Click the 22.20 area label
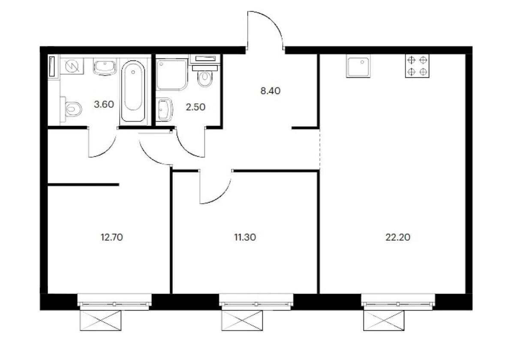pos(398,237)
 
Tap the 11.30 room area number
pos(245,237)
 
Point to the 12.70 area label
pos(112,237)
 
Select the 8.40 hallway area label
pos(270,91)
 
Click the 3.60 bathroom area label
pos(104,104)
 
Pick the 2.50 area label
pos(195,107)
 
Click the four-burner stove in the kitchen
pos(417,66)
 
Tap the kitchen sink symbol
pos(358,66)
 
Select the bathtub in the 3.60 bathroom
pos(133,91)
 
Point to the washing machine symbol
pos(72,66)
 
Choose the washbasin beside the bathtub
pos(105,67)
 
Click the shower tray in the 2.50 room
pos(172,74)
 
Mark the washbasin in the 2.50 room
pos(164,109)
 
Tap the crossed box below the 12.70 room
pos(100,321)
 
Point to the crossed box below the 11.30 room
pos(242,321)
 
